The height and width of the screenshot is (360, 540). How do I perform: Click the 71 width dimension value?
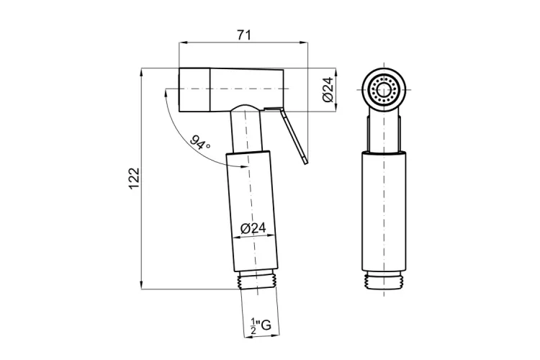[x=243, y=34]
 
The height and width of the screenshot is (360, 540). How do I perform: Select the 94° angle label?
[x=201, y=142]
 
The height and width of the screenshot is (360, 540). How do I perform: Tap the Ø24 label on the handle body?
[x=251, y=228]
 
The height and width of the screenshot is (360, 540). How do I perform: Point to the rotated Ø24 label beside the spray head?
[x=327, y=89]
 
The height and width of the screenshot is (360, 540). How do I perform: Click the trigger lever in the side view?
[x=294, y=137]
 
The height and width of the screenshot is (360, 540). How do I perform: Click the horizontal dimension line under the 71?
[x=243, y=43]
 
